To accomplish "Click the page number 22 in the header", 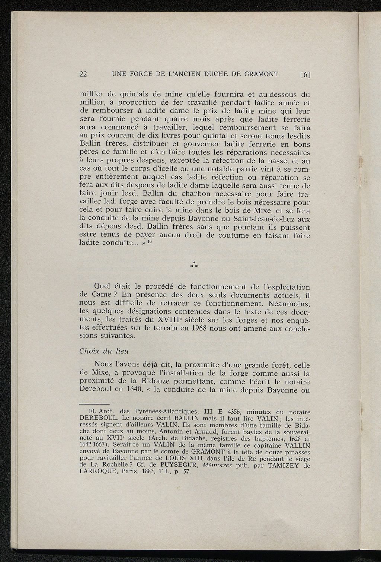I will [84, 74].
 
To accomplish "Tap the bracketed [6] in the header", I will [305, 74].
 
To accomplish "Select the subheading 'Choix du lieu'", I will [99, 351].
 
